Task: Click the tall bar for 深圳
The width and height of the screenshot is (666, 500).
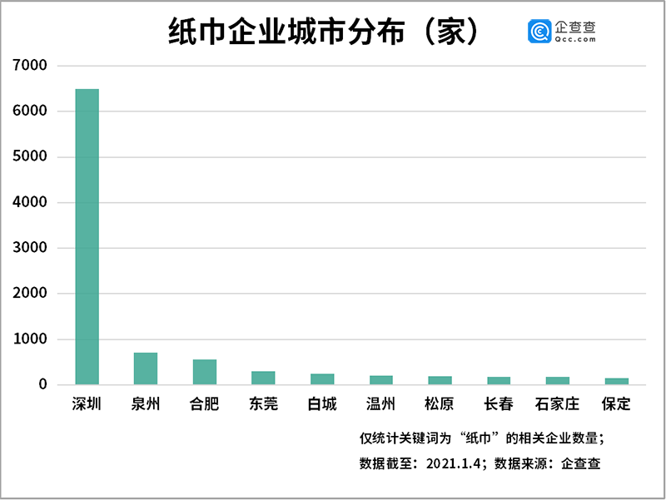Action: (x=87, y=237)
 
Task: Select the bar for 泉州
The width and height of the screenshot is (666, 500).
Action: (x=146, y=369)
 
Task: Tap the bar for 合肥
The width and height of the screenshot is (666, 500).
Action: (x=205, y=372)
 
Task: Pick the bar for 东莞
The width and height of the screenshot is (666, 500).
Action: (x=263, y=378)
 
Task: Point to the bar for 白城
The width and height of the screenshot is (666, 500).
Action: (x=322, y=379)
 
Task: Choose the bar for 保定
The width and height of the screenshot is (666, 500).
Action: (x=616, y=381)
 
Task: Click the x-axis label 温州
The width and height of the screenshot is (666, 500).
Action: (x=380, y=405)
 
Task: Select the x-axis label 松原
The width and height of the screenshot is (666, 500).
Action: (x=440, y=405)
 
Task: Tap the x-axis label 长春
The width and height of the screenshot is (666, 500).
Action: (x=499, y=405)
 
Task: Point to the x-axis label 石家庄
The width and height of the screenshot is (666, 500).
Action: (x=558, y=405)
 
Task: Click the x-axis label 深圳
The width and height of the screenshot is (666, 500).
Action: (x=87, y=405)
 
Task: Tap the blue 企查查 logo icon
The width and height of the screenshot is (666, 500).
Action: (x=539, y=32)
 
